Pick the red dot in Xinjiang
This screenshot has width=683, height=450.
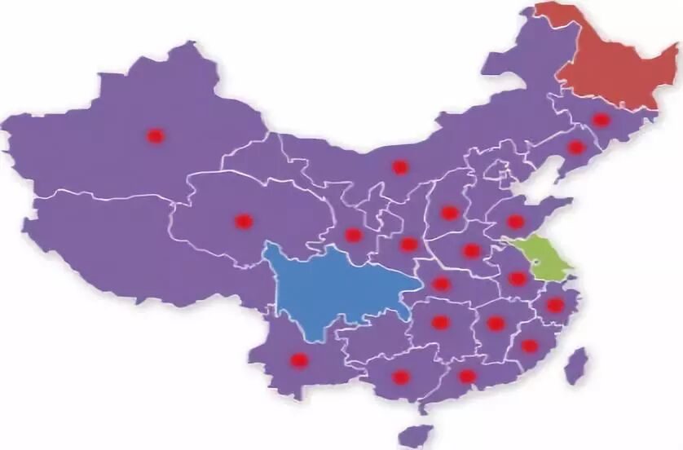coord(155,136)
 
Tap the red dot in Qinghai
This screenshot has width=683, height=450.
coord(244,221)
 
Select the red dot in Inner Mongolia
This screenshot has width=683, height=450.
coord(399,167)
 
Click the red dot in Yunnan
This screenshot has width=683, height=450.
coord(299,360)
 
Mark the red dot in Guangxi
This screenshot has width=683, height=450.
coord(400,377)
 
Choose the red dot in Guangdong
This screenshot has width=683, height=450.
coord(467,376)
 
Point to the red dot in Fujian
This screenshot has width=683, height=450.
coord(530,346)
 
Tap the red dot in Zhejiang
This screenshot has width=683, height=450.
coord(555,305)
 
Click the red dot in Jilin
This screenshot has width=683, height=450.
coord(601,120)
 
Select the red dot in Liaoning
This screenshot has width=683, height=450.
coord(576,148)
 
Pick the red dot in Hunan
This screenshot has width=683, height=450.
coord(440,322)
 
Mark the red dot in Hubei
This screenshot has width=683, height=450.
coord(441,284)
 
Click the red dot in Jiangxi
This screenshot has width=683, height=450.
coord(496,324)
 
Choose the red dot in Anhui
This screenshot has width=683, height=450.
coord(518,279)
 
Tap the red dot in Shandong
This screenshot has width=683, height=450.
coord(516,221)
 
